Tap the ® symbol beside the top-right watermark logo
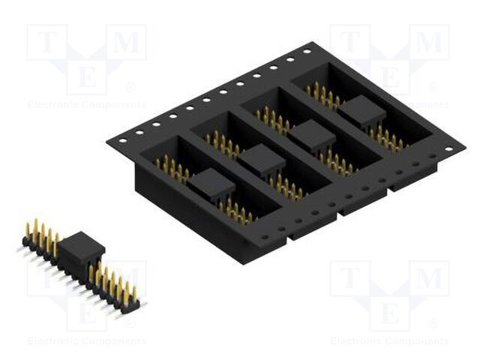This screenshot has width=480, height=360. point(433,88)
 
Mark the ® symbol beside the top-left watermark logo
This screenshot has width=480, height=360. point(130,88)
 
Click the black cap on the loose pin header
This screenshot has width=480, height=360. point(80,247)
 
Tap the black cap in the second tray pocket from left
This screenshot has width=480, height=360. point(261,159)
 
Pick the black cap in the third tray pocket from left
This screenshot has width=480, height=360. point(311,135)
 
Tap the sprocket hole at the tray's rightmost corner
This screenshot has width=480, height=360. point(448,148)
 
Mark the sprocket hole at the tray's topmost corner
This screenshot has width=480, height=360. point(307,52)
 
